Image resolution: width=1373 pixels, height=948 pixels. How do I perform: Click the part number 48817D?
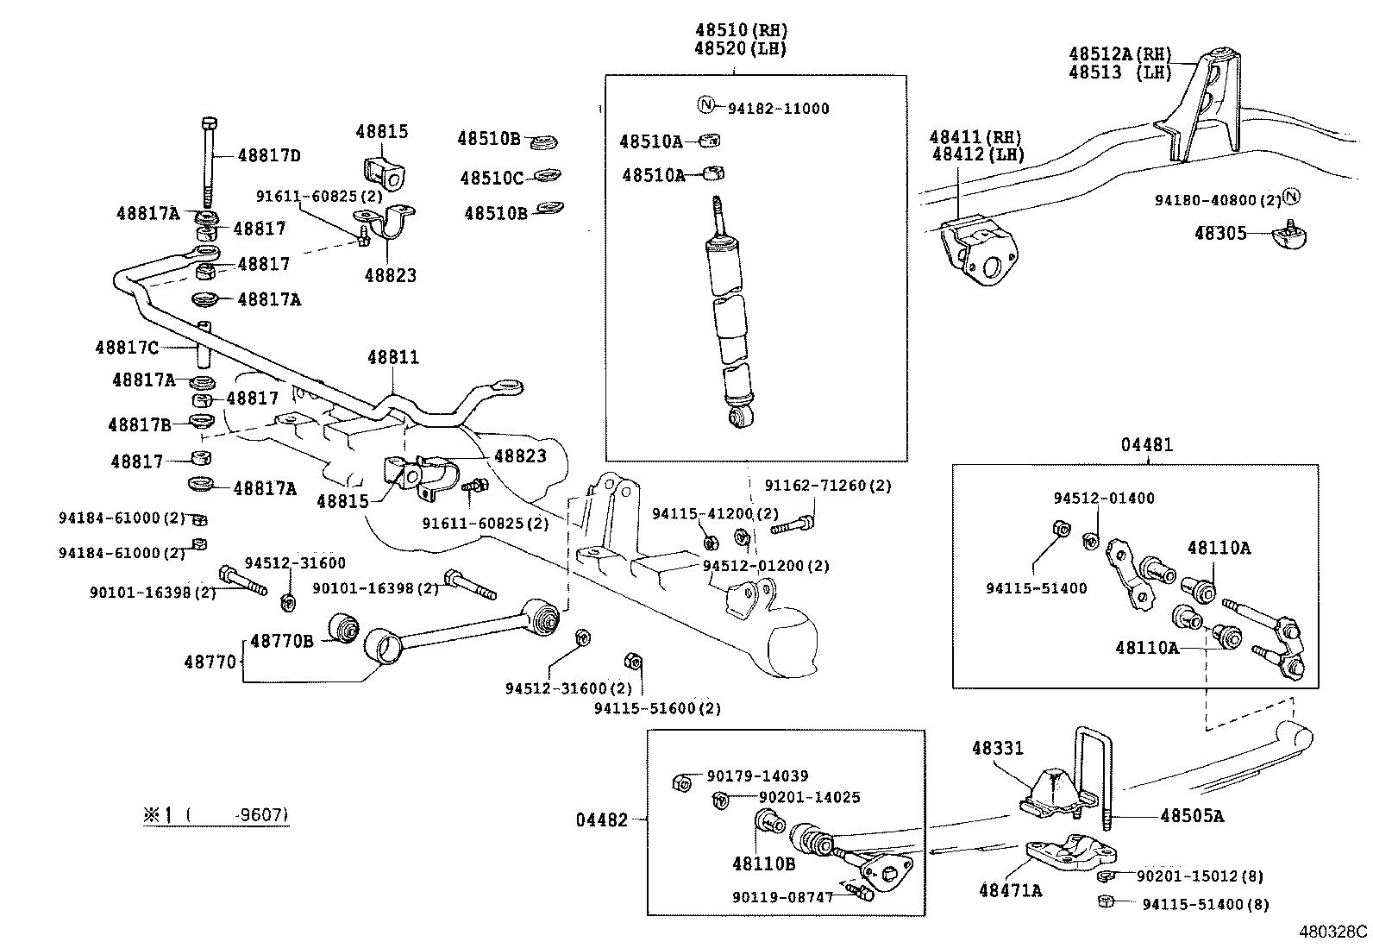(269, 156)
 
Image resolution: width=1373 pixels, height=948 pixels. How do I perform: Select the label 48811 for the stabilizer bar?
(392, 357)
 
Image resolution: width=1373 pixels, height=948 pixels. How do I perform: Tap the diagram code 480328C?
(1333, 932)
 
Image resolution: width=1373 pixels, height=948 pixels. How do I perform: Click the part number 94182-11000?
(778, 109)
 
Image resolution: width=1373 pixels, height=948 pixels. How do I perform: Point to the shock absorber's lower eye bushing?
(743, 419)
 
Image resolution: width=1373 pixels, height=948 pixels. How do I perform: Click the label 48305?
(1219, 233)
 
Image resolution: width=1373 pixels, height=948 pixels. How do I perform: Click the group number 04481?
(1147, 446)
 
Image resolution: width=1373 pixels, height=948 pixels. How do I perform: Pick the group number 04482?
(602, 819)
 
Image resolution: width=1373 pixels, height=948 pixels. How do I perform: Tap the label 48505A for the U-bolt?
(1191, 815)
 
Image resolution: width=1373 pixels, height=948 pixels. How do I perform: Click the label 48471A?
(1010, 889)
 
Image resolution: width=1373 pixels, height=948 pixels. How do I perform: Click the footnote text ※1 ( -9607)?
(216, 814)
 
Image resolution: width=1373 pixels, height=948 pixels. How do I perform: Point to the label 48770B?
(282, 640)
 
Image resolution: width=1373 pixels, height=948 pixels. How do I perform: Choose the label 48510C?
(491, 179)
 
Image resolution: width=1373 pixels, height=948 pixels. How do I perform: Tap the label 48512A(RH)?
(1120, 53)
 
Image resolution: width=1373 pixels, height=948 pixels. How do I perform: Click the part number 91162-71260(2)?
(826, 487)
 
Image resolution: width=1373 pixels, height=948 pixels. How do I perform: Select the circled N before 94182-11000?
(705, 106)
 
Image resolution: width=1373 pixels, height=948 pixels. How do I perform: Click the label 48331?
(998, 748)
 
